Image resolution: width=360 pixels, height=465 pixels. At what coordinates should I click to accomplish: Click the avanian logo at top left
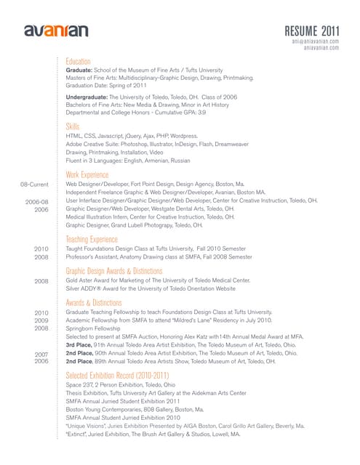coord(56,31)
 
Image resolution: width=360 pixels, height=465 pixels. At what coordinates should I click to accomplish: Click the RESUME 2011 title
coord(312,30)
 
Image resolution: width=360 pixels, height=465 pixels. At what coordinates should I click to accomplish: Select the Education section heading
coord(78,61)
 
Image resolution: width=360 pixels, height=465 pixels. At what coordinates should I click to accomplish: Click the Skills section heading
coord(73,126)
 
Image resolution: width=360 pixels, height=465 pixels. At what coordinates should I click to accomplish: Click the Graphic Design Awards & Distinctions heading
coord(114,270)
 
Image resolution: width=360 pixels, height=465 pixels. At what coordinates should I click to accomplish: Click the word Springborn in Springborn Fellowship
coord(81,328)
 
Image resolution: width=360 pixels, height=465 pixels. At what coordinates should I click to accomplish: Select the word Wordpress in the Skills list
coord(182,136)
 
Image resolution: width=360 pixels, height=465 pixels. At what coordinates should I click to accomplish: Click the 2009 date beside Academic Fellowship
coord(41,320)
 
